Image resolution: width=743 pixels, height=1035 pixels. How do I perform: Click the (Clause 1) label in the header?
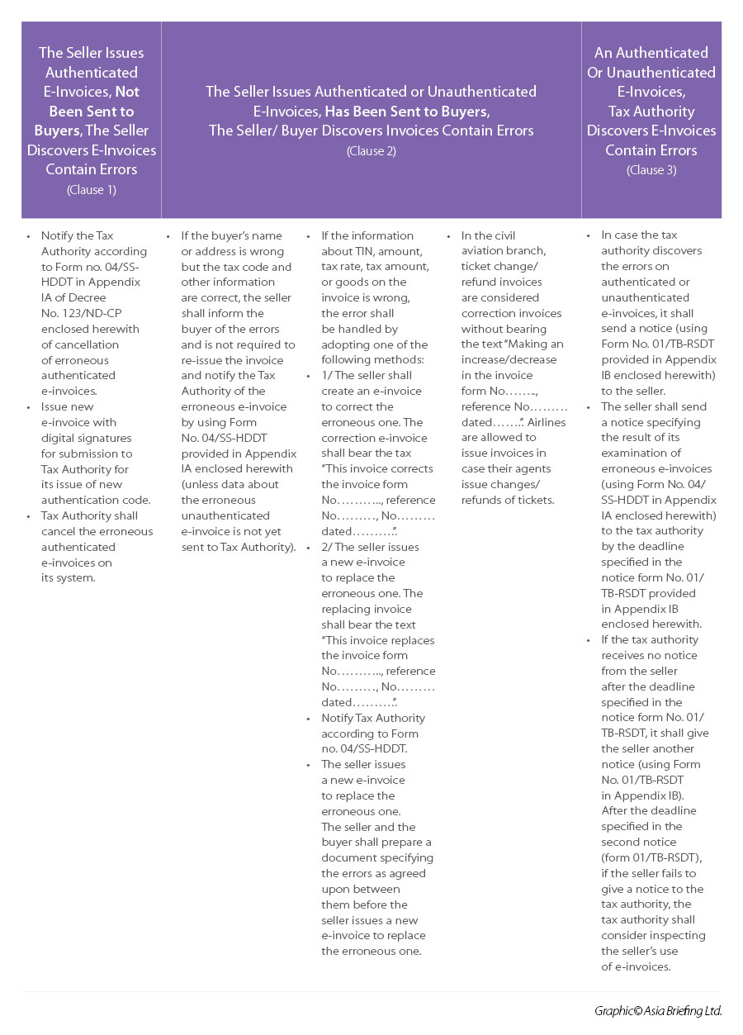pyautogui.click(x=92, y=189)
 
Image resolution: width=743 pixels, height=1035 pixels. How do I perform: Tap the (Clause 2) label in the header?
pyautogui.click(x=371, y=150)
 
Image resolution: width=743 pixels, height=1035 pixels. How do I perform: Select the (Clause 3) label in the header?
pyautogui.click(x=651, y=170)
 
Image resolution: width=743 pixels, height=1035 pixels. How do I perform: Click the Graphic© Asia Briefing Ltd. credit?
pyautogui.click(x=657, y=1011)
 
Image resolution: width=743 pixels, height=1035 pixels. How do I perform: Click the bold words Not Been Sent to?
pyautogui.click(x=92, y=101)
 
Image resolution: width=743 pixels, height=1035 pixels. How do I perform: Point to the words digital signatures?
pyautogui.click(x=87, y=438)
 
